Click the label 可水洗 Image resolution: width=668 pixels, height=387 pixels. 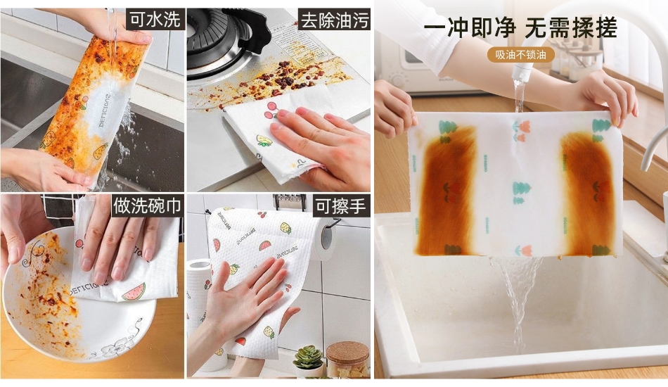pos(155,20)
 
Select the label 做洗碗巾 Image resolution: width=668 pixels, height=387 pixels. pos(148,205)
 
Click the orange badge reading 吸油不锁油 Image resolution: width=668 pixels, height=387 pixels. pos(520,55)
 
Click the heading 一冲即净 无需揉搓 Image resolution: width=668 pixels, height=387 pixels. pos(520,28)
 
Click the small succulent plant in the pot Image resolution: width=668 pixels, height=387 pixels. pos(308,357)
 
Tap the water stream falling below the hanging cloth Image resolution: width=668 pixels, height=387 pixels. pos(517,298)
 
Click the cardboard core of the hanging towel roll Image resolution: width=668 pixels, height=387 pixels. pos(326,238)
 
